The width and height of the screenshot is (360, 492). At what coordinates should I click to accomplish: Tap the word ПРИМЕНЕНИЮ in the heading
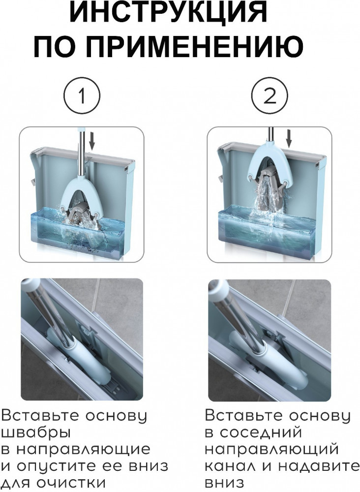click(195, 46)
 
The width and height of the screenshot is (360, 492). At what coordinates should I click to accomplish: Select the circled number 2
click(270, 95)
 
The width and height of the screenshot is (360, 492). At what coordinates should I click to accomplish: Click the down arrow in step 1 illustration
click(91, 140)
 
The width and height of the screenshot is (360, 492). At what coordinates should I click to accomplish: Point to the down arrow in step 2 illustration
click(289, 138)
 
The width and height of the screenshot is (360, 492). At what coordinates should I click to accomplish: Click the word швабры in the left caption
click(36, 433)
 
